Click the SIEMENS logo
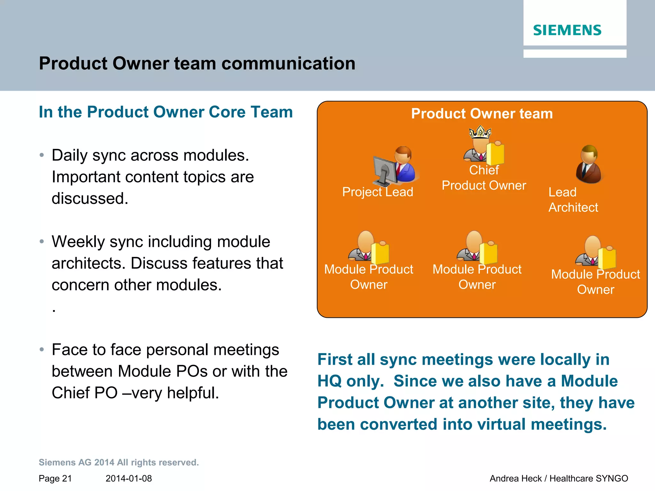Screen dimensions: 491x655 click(567, 30)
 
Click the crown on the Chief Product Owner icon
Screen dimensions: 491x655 click(480, 132)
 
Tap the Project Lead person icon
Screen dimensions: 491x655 click(404, 164)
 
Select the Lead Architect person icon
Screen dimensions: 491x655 click(589, 164)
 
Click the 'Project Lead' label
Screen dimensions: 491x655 click(377, 192)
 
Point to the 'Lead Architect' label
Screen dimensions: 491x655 click(573, 200)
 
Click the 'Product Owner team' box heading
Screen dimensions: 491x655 click(482, 114)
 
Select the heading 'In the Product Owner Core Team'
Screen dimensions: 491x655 click(166, 112)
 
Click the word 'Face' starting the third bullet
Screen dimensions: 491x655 click(69, 350)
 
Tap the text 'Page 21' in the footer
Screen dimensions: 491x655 click(55, 479)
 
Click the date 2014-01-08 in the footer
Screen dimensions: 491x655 click(129, 479)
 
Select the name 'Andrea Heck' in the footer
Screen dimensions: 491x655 click(515, 479)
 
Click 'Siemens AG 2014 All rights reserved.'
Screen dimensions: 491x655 click(119, 463)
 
